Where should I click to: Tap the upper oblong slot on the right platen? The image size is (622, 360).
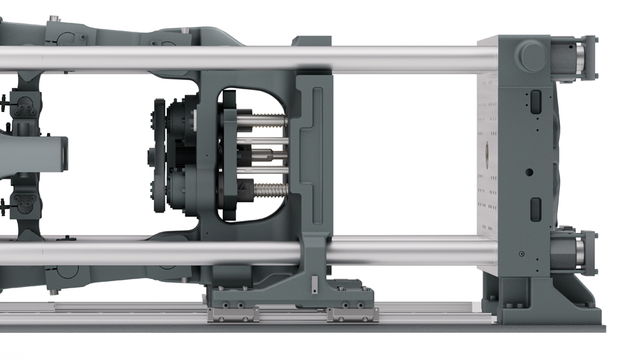535,100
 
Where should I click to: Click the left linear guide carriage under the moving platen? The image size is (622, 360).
233,315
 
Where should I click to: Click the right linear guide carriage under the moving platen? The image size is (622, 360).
353,315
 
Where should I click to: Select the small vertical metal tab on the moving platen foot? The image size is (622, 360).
315,285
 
